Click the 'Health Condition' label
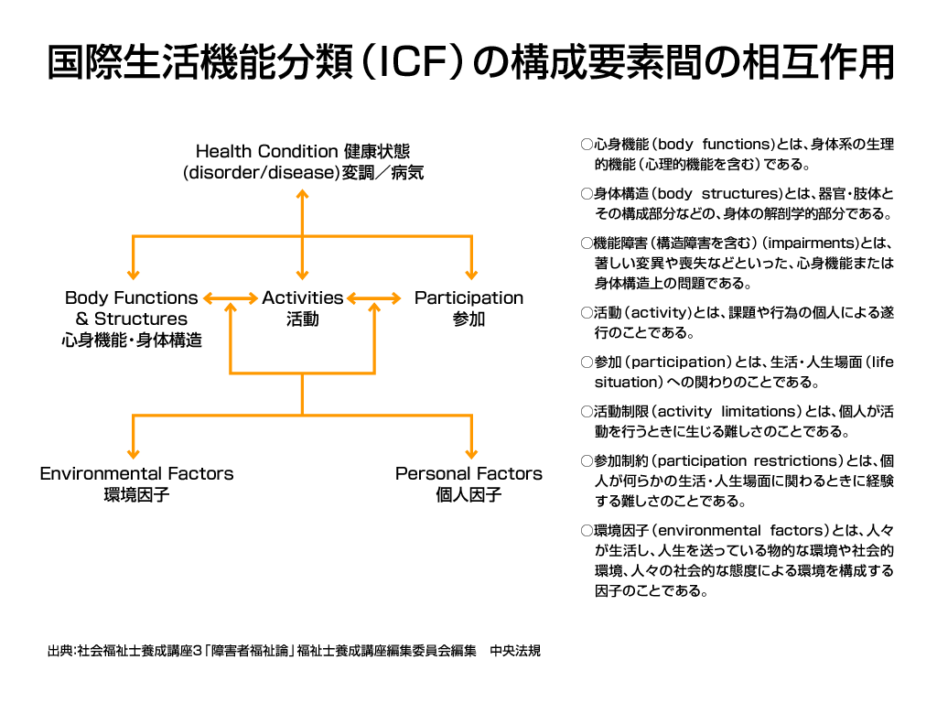266,151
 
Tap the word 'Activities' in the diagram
302,297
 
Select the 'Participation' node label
468,297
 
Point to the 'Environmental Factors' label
136,473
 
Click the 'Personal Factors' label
468,473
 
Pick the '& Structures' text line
132,319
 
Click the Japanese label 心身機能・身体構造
132,341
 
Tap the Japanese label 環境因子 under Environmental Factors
136,495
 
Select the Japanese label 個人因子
468,495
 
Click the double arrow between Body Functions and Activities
231,297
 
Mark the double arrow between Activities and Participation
374,297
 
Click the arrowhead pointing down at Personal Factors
471,454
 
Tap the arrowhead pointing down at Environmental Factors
134,454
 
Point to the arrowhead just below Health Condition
302,194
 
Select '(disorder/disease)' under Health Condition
261,173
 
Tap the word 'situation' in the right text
625,382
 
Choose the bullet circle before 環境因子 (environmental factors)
587,530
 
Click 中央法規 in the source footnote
515,651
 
